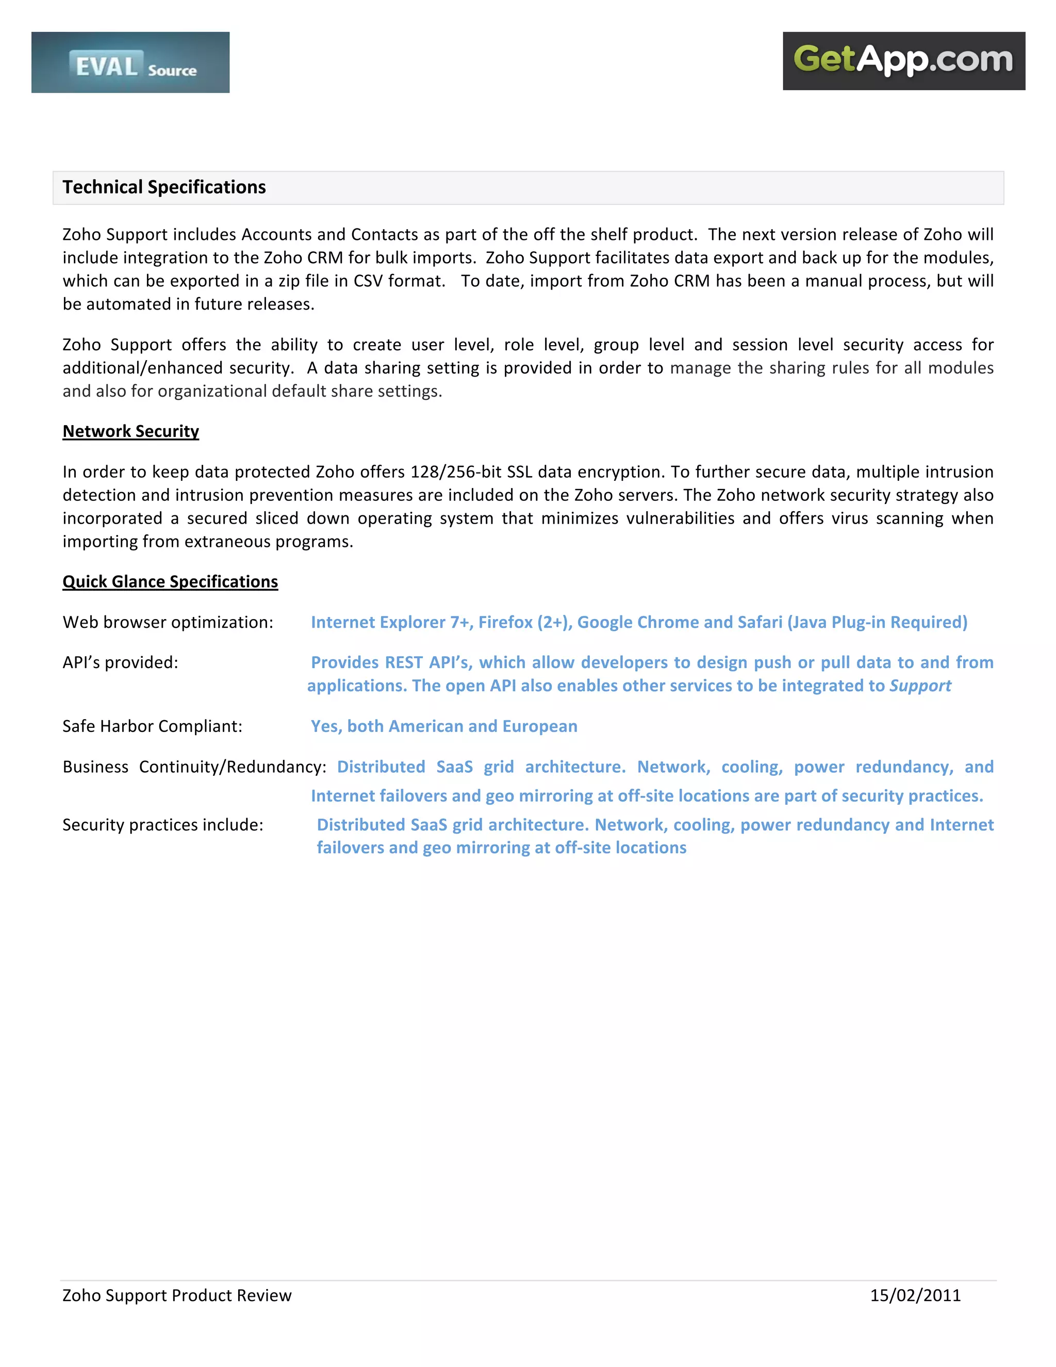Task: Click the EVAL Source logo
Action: pos(130,62)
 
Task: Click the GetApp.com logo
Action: pos(903,61)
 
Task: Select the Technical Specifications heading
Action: pos(164,187)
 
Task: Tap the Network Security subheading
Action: pos(131,431)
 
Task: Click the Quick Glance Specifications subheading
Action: pos(170,581)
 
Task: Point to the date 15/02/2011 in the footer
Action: pos(915,1295)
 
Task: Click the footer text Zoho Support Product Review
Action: pos(177,1295)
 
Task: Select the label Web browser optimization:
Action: pos(168,622)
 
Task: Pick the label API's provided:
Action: pos(120,662)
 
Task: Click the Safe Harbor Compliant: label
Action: pos(152,726)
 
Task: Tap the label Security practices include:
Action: pos(162,825)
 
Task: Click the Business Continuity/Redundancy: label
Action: pos(194,767)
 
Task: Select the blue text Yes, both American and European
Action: pos(444,726)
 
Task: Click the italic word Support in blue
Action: pos(920,686)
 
